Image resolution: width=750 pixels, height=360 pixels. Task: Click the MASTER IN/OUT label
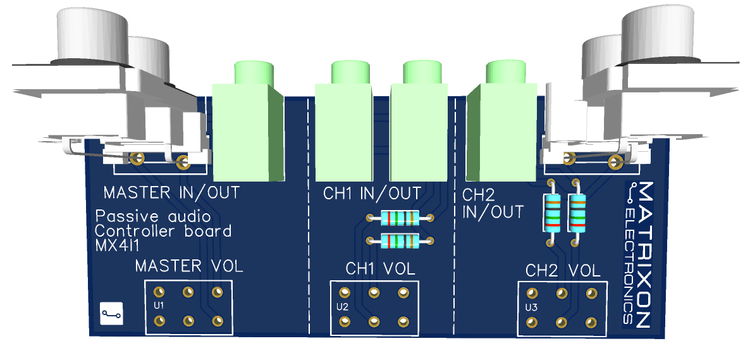pos(171,192)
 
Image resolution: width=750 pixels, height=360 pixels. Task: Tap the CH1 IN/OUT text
pos(372,193)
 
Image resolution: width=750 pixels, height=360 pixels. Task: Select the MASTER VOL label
pos(188,266)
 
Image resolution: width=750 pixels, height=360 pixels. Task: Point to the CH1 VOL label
pos(380,268)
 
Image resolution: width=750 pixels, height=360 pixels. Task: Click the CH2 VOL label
pos(563,271)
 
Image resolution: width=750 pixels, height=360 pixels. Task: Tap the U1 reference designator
pos(159,306)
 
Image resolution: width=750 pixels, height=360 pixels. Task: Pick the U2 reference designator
pos(342,307)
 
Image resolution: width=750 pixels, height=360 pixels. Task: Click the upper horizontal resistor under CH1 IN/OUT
pos(399,218)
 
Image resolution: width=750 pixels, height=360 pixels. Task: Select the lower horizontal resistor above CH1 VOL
pos(399,241)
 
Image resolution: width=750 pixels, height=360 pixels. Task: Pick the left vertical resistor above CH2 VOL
pos(552,213)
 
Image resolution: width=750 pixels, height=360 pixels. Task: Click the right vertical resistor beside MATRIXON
pos(577,213)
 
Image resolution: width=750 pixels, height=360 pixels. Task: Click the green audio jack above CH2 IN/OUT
pos(503,127)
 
